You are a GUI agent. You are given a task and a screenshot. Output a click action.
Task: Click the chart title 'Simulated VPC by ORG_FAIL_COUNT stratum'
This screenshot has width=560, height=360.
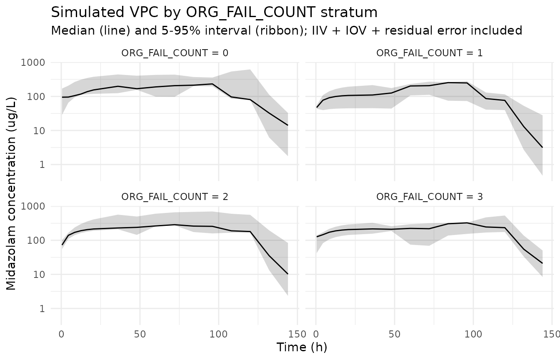(214, 12)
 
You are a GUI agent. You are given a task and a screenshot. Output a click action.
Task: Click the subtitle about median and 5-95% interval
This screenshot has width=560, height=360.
(287, 30)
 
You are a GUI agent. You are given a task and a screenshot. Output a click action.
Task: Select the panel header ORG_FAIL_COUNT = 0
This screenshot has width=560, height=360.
(175, 53)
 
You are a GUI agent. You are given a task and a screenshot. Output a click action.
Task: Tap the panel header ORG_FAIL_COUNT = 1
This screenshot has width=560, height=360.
(429, 53)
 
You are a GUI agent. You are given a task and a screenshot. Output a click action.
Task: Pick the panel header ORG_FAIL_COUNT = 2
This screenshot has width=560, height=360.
(175, 197)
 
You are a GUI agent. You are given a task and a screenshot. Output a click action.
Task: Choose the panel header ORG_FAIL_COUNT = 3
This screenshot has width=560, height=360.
(429, 197)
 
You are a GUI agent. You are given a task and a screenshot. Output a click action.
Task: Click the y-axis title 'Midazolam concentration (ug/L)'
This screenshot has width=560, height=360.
(11, 193)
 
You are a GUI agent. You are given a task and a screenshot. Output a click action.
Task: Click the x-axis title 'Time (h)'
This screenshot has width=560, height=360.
(302, 347)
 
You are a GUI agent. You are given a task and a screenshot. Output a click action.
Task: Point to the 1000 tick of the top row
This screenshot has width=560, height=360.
(33, 62)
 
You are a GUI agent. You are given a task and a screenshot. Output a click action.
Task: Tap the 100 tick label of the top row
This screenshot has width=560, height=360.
(36, 97)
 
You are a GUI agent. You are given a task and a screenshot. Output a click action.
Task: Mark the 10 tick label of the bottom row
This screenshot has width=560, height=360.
(39, 275)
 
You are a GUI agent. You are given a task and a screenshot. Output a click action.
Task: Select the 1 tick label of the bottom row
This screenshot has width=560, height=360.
(42, 308)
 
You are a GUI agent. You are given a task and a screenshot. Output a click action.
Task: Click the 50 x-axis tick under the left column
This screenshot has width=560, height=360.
(140, 334)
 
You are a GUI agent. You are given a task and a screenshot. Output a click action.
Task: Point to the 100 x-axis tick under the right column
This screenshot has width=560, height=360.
(473, 334)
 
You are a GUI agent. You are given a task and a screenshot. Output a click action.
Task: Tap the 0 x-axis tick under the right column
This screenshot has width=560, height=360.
(316, 334)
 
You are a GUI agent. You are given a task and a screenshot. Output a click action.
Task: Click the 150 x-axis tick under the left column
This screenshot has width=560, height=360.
(297, 334)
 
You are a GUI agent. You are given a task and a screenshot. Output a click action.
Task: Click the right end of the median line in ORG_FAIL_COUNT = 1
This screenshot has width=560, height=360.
(542, 147)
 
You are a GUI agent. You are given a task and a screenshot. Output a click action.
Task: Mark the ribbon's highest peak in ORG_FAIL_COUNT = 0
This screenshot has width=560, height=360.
(250, 70)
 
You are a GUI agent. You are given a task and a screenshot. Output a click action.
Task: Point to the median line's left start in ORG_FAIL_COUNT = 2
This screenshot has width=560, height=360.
(62, 245)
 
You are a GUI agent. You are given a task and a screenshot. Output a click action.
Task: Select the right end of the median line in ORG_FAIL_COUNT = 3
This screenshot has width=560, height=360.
(542, 263)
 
